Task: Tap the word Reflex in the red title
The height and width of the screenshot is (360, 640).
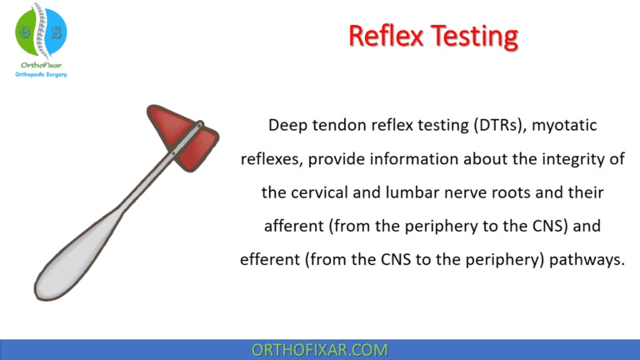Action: tap(382, 37)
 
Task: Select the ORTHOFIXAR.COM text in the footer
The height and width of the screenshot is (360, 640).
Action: tap(320, 349)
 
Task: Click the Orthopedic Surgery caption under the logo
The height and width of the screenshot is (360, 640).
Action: tap(41, 75)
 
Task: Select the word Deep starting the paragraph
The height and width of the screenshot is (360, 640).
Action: tap(286, 125)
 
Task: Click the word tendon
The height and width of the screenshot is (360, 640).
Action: tap(337, 125)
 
